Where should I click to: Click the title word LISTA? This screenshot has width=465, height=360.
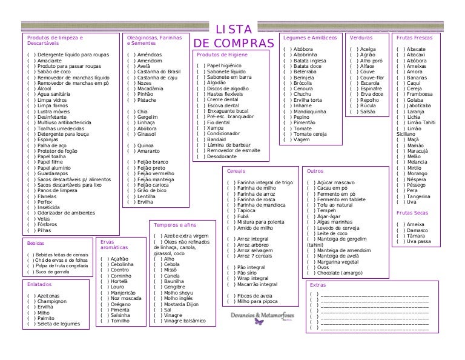(x=233, y=30)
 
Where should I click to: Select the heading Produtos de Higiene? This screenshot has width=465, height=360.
(x=222, y=54)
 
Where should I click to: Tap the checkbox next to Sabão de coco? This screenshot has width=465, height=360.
(x=30, y=72)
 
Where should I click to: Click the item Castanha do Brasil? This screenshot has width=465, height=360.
(x=159, y=72)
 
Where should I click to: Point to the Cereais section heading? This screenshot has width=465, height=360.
(x=236, y=171)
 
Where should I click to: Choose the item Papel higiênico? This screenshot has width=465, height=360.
(x=225, y=65)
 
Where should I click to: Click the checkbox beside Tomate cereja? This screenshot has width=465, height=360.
(x=287, y=134)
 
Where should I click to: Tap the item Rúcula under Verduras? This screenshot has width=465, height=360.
(x=368, y=105)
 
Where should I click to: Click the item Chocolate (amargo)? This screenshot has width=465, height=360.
(x=339, y=273)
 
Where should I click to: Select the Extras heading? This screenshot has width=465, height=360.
(x=317, y=285)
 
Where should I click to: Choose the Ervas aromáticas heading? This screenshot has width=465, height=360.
(x=114, y=245)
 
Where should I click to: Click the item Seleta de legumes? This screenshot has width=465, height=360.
(x=58, y=324)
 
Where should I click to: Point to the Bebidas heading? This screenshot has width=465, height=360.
(x=36, y=243)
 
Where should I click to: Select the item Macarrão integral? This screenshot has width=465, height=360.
(x=257, y=284)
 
